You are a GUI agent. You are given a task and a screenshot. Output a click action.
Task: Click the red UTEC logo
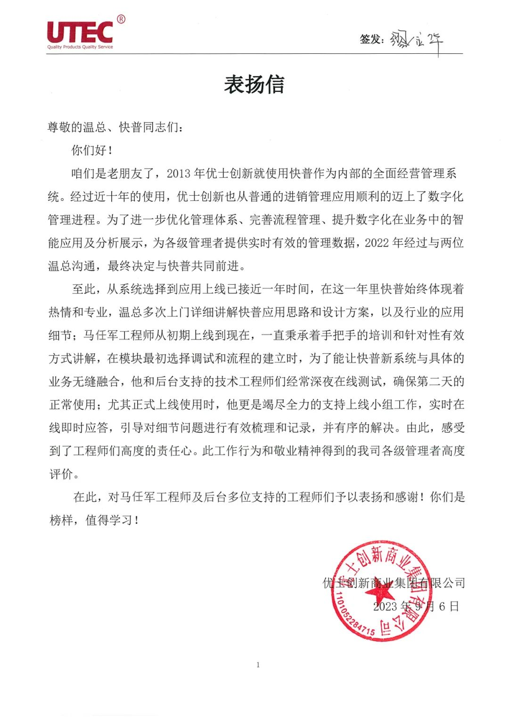pyautogui.click(x=80, y=32)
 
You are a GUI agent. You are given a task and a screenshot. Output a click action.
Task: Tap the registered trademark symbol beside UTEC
pyautogui.click(x=121, y=19)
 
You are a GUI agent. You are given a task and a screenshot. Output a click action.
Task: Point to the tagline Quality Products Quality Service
pyautogui.click(x=80, y=47)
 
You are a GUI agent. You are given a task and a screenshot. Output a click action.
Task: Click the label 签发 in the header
pyautogui.click(x=371, y=39)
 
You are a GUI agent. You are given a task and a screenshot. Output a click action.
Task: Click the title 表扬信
pyautogui.click(x=254, y=85)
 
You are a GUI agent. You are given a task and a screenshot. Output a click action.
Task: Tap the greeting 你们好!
pyautogui.click(x=92, y=150)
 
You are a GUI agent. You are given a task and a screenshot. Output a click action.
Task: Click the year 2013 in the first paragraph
pyautogui.click(x=178, y=174)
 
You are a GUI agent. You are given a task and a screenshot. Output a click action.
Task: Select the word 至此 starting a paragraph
pyautogui.click(x=83, y=289)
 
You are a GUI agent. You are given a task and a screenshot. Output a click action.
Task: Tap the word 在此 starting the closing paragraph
pyautogui.click(x=85, y=497)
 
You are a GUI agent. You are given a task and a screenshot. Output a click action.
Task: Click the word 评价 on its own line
pyautogui.click(x=61, y=474)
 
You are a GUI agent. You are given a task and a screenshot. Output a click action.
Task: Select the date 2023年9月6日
pyautogui.click(x=416, y=606)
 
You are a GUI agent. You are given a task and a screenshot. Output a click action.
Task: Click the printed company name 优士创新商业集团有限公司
pyautogui.click(x=394, y=583)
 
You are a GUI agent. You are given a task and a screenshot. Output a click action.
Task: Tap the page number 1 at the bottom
pyautogui.click(x=258, y=665)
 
